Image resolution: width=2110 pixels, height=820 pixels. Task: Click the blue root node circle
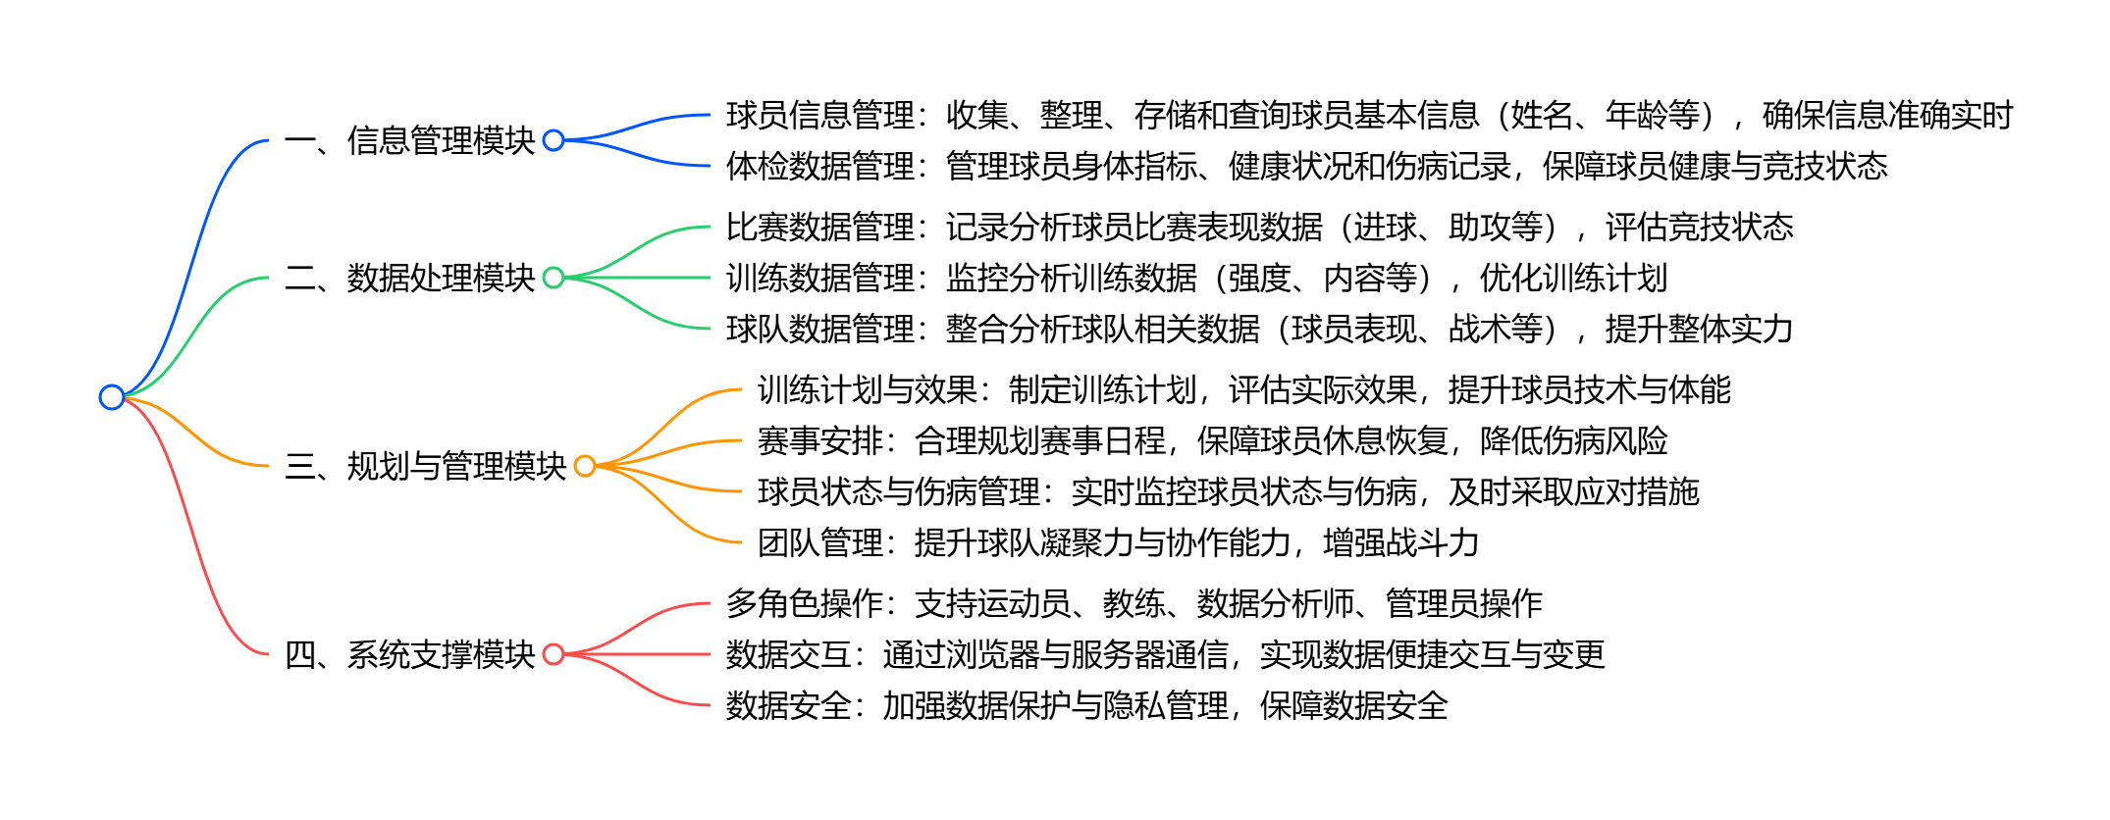[x=112, y=397]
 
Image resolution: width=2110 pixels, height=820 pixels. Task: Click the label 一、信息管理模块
[x=409, y=140]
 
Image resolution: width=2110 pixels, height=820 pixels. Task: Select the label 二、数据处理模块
[x=409, y=278]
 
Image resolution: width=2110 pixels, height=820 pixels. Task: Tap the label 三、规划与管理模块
[x=425, y=466]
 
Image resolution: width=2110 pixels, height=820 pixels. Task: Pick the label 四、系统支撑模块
[x=409, y=654]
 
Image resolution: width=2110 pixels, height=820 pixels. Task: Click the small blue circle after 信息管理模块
[x=554, y=140]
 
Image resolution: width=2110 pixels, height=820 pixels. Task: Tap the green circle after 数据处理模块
[x=554, y=278]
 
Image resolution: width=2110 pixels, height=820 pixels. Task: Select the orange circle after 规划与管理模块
[x=585, y=466]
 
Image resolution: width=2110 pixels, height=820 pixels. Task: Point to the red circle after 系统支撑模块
[x=554, y=654]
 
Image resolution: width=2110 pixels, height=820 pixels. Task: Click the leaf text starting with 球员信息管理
[x=1369, y=116]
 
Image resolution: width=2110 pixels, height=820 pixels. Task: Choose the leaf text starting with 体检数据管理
[x=1306, y=167]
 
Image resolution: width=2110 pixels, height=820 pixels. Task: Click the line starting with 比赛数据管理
[x=1259, y=228]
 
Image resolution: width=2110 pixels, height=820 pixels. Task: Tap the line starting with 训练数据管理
[x=1196, y=279]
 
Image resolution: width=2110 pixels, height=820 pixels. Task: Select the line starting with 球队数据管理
[x=1259, y=330]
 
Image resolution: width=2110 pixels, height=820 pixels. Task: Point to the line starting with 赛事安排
[x=1212, y=441]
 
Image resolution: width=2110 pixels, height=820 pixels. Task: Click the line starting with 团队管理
[x=1118, y=543]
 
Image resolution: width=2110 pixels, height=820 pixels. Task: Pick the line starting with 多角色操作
[x=1134, y=604]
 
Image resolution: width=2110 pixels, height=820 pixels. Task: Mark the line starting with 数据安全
[x=1086, y=706]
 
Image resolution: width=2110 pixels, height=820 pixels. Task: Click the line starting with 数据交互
[x=1165, y=655]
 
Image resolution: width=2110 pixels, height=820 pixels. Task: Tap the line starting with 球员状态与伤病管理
[x=1228, y=492]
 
